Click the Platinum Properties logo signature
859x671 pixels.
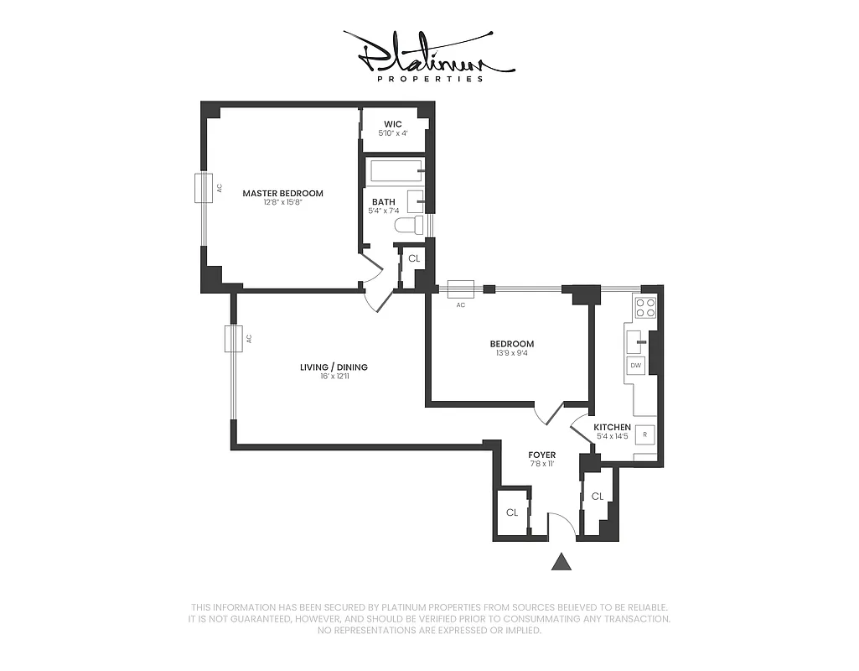428,55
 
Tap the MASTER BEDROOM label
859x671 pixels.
282,194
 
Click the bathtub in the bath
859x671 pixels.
396,171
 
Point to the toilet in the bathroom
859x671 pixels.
409,225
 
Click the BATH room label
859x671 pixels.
384,201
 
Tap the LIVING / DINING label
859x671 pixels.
334,367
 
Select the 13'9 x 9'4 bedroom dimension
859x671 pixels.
511,353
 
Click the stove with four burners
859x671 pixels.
645,307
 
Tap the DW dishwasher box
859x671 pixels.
636,366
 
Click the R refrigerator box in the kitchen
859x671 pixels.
644,434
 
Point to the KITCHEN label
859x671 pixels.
612,427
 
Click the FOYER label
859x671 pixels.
542,455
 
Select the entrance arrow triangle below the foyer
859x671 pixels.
561,562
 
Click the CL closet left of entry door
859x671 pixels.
511,512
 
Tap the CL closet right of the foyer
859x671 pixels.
597,497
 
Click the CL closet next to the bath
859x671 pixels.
413,258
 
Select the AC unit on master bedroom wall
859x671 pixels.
203,188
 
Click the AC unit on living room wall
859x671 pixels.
232,338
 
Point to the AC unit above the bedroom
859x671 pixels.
460,289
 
